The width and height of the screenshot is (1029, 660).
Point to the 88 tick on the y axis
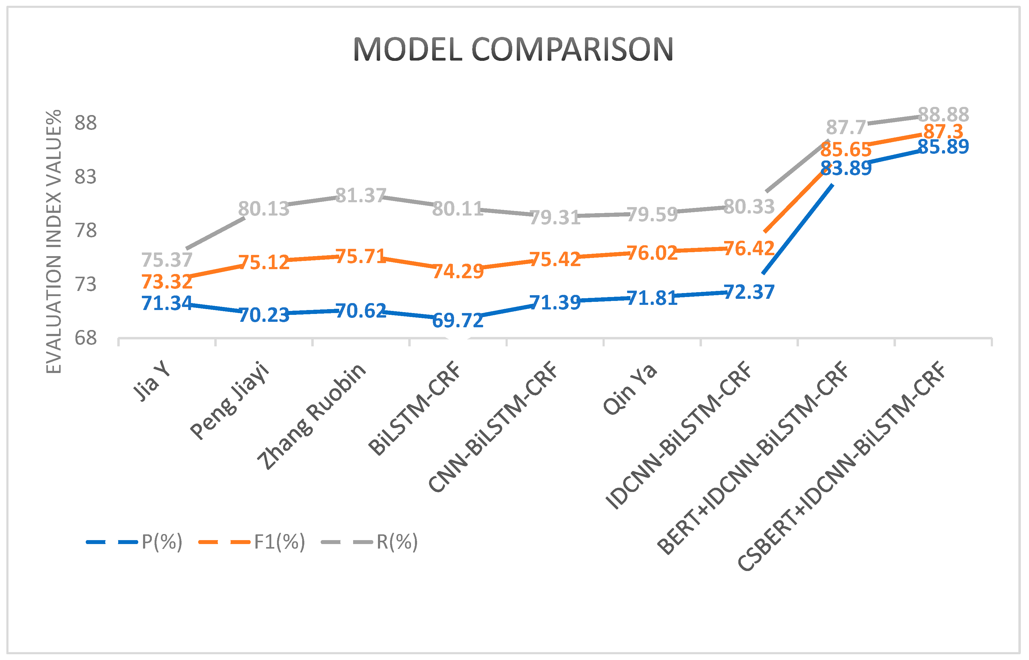coord(86,124)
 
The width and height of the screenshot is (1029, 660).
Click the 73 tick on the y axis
coord(86,285)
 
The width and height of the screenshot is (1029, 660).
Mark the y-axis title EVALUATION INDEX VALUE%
coord(54,242)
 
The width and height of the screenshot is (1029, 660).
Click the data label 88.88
coord(943,115)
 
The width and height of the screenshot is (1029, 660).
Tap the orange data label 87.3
coord(943,131)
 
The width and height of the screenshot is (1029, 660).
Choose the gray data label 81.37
coord(360,196)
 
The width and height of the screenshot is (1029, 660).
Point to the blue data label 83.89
coord(846,168)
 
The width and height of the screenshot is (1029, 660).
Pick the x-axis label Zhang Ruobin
coord(312,416)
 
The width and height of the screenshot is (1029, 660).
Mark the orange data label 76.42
coord(749,249)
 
